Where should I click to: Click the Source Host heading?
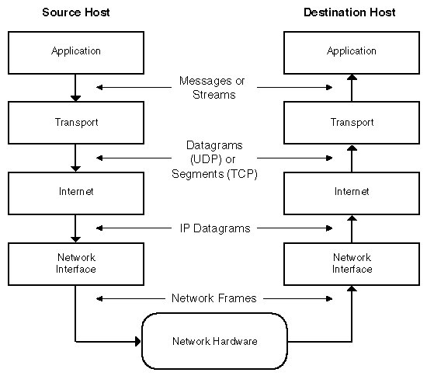point(75,12)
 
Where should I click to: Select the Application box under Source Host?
point(75,52)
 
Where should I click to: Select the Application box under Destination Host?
point(351,52)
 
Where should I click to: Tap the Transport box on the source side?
point(75,123)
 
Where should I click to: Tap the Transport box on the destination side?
point(351,123)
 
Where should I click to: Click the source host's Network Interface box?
point(75,263)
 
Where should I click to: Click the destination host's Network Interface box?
point(351,263)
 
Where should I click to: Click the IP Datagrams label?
point(213,228)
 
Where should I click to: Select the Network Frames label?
point(213,298)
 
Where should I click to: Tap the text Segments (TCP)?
point(213,176)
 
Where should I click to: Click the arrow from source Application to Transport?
point(75,87)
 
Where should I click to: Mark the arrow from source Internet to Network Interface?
point(75,228)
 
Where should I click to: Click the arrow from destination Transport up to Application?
point(351,87)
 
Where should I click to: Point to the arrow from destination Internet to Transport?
point(351,158)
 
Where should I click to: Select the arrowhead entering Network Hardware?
point(137,340)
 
